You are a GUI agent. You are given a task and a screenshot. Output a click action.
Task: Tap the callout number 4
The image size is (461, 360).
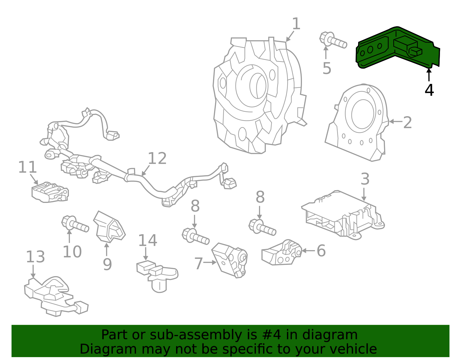click(429, 90)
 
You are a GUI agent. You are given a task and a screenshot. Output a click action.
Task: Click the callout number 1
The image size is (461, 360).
click(296, 24)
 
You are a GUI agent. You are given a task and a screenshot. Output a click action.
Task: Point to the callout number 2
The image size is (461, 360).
click(407, 122)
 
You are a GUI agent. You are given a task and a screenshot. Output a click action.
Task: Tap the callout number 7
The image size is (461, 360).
click(199, 263)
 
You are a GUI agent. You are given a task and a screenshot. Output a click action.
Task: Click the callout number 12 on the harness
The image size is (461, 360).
click(157, 159)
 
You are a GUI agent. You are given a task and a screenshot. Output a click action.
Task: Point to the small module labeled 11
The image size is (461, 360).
click(50, 192)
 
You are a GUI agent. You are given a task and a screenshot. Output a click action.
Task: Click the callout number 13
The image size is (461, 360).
click(35, 257)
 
